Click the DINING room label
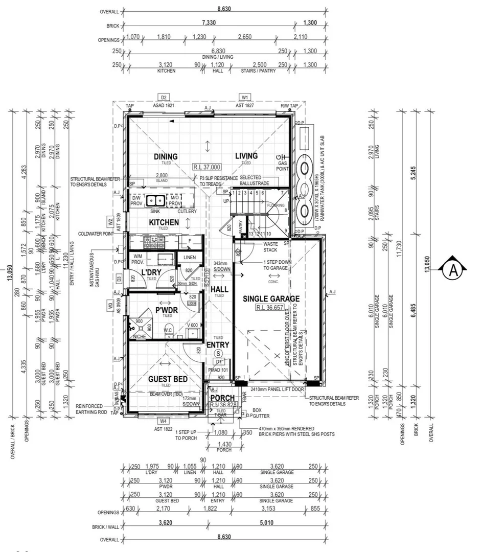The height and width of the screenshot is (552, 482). pyautogui.click(x=165, y=156)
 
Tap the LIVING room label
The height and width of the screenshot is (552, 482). pyautogui.click(x=246, y=156)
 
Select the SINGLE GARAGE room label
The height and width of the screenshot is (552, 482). pyautogui.click(x=271, y=299)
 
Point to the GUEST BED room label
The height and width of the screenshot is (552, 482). pyautogui.click(x=168, y=379)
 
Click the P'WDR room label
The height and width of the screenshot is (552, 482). pyautogui.click(x=166, y=310)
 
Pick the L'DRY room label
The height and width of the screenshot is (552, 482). pyautogui.click(x=151, y=272)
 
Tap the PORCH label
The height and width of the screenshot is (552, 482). pyautogui.click(x=222, y=398)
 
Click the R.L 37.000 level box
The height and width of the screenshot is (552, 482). pyautogui.click(x=207, y=167)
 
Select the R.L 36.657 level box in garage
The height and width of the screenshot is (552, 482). pyautogui.click(x=271, y=308)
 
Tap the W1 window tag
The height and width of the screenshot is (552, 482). pyautogui.click(x=245, y=98)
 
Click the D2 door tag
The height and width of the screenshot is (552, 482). pyautogui.click(x=164, y=98)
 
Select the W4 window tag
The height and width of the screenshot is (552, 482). pyautogui.click(x=163, y=421)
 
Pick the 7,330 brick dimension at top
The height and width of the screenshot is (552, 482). pyautogui.click(x=209, y=22)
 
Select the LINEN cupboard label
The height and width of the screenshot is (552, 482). pyautogui.click(x=189, y=257)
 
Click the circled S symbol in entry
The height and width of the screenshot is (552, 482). pyautogui.click(x=219, y=353)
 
